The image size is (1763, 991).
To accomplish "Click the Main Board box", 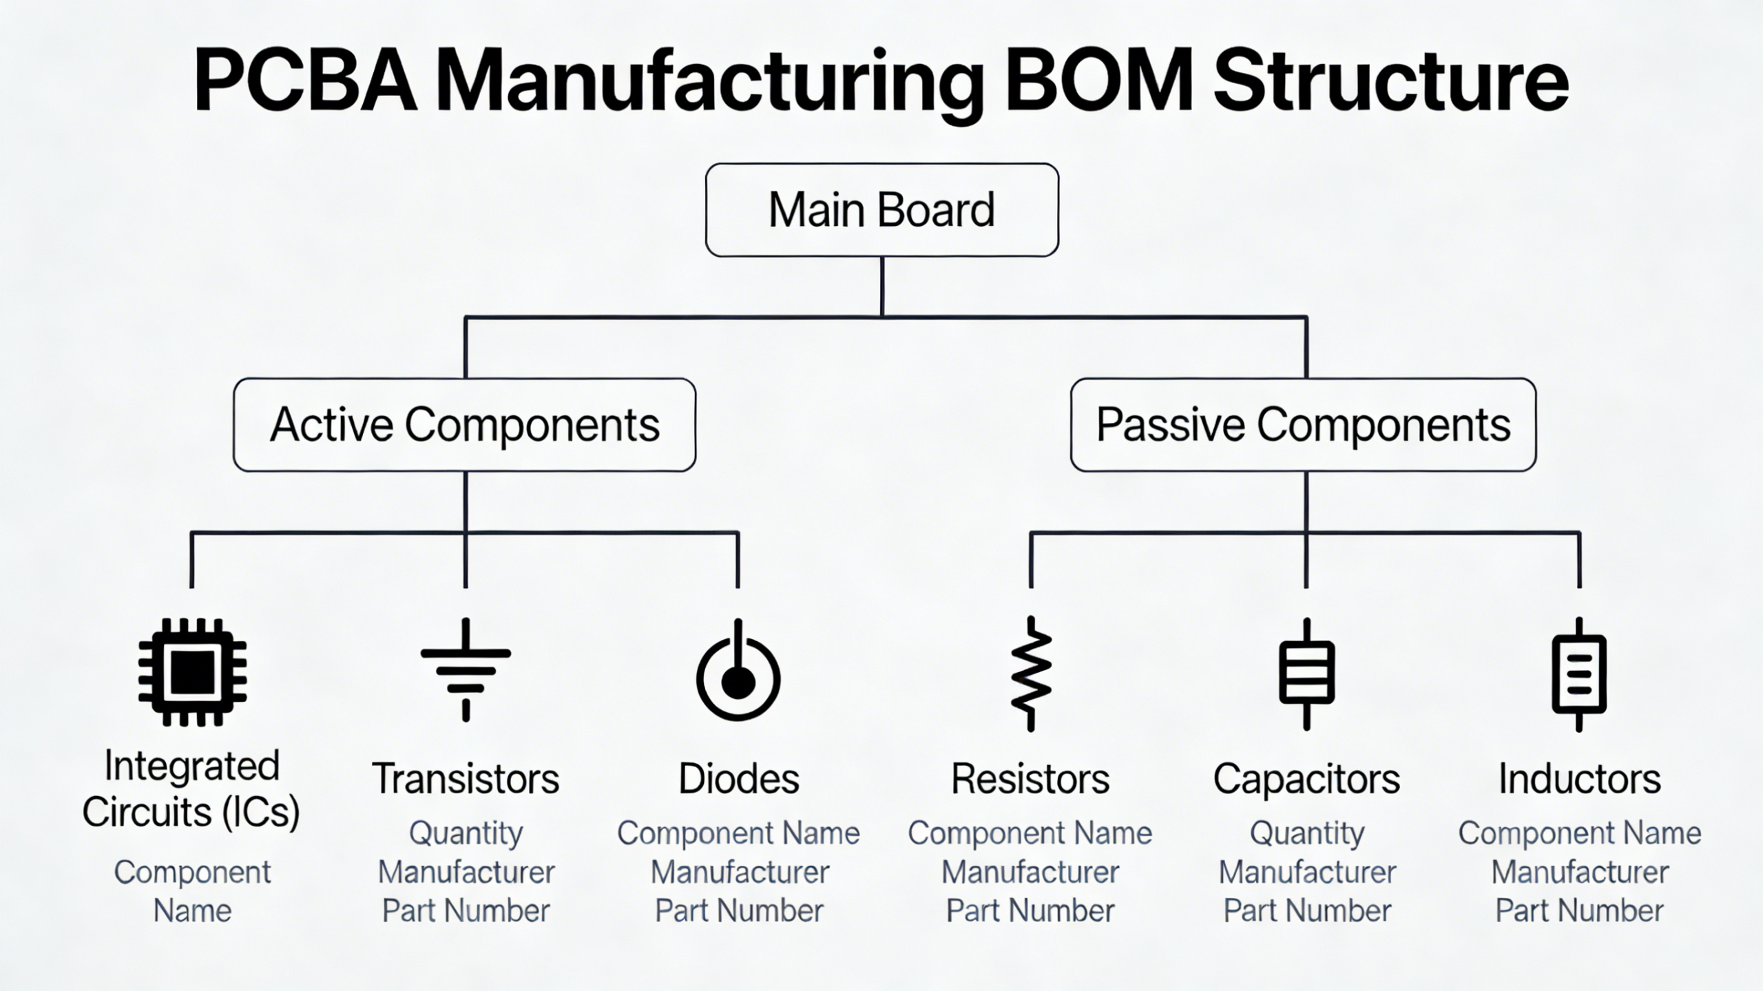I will (881, 210).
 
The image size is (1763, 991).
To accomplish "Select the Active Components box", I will (465, 425).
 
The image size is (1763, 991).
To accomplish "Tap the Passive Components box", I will (1303, 425).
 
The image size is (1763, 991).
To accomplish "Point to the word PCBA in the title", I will (305, 81).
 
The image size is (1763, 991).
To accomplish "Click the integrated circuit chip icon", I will (192, 672).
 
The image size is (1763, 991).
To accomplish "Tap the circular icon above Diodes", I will (738, 674).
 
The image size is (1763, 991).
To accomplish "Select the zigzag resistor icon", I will (1031, 674).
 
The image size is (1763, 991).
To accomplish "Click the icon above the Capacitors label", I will (1306, 674).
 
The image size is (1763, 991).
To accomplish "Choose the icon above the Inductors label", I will (1579, 674).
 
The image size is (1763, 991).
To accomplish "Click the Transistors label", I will (466, 779).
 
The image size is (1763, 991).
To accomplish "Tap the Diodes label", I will (738, 779).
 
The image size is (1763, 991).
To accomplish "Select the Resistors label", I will (1030, 779).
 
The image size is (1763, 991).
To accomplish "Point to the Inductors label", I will (1580, 779).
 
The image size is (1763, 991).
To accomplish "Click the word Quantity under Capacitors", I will (1306, 833).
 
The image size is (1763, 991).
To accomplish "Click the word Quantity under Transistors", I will (466, 833).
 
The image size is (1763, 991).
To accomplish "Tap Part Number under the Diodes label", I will (738, 911).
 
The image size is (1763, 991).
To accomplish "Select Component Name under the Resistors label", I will (1030, 833).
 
